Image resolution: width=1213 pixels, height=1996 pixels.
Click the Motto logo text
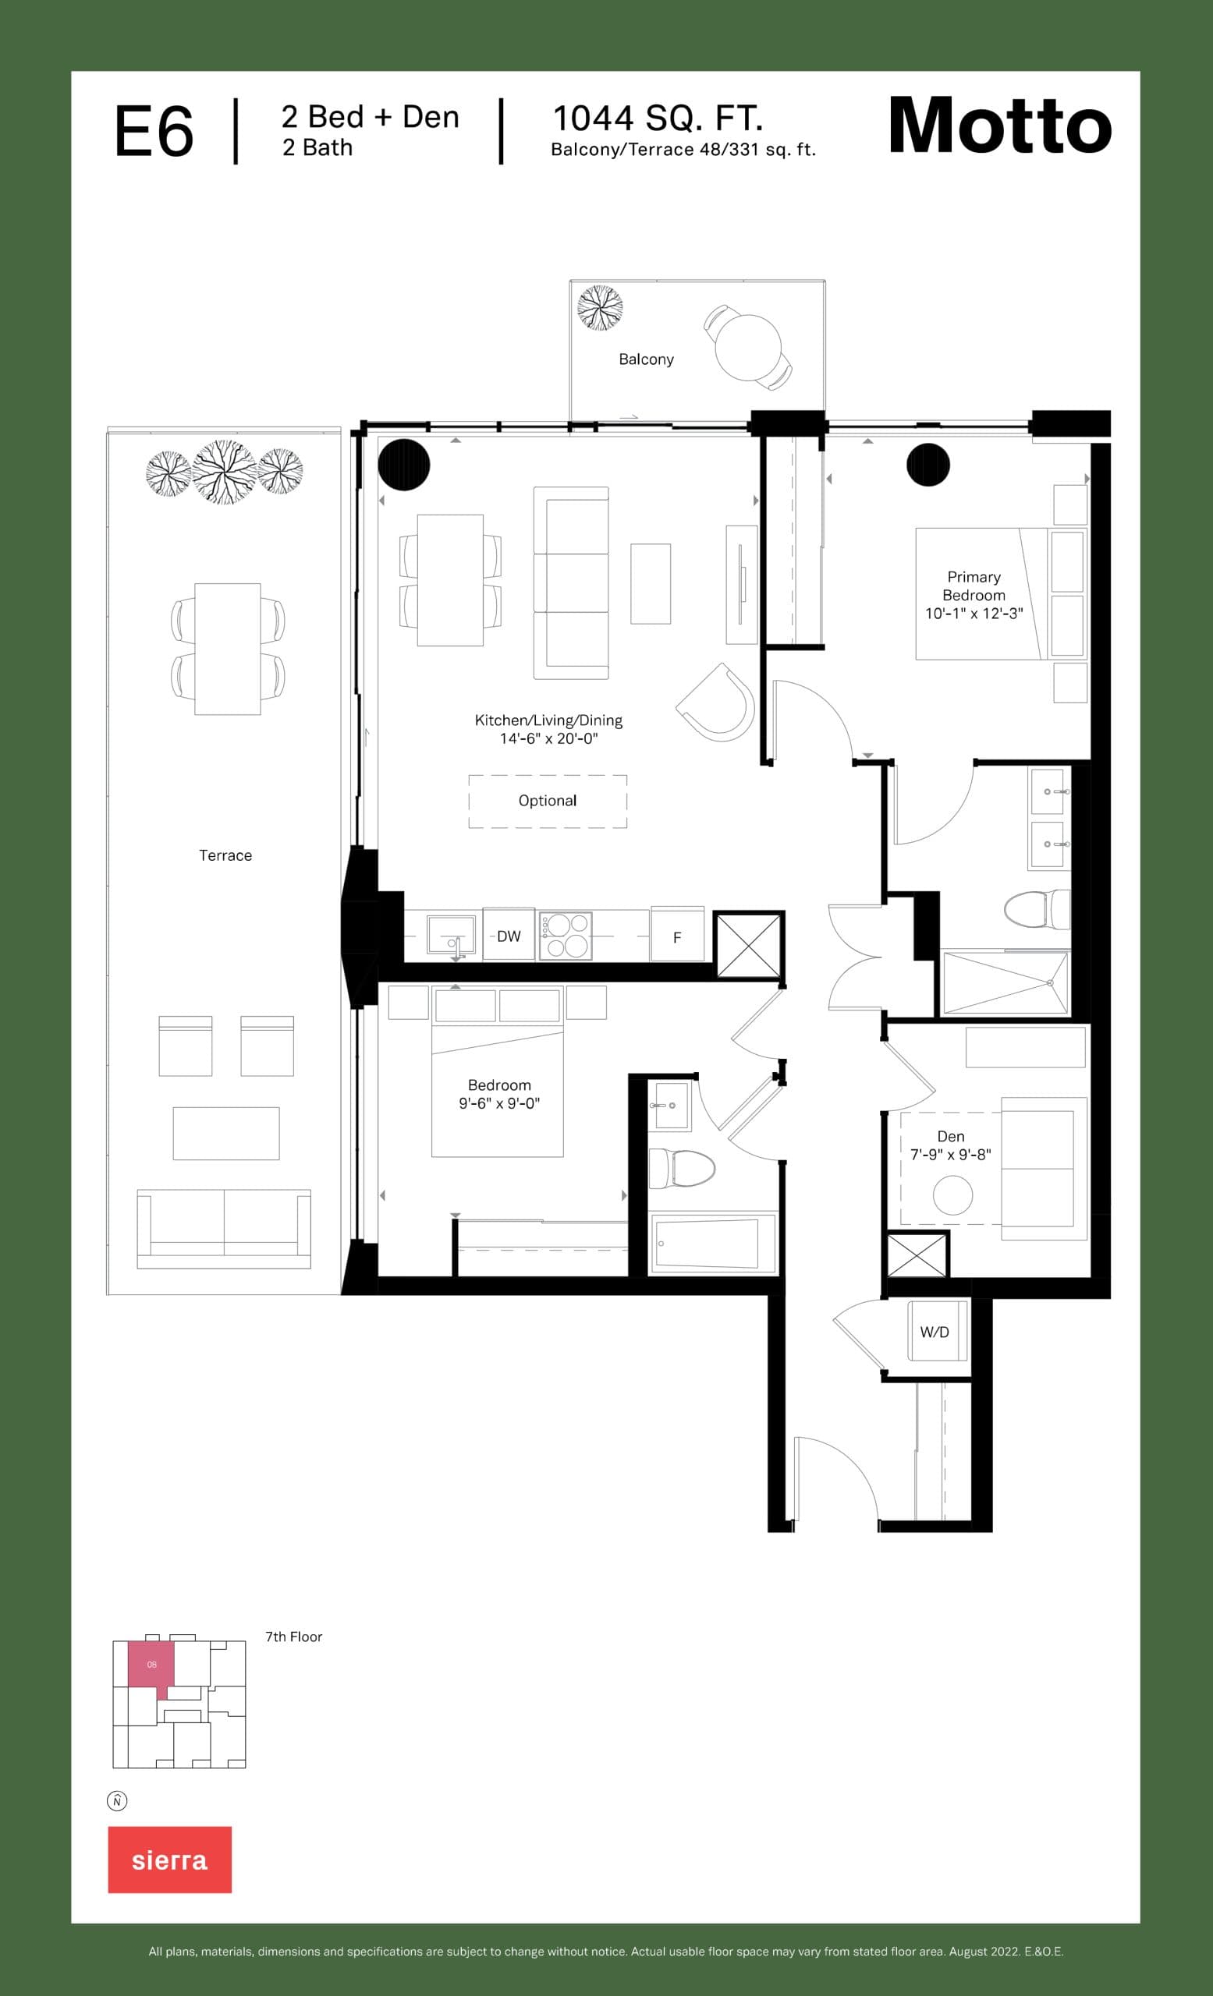[x=1000, y=126]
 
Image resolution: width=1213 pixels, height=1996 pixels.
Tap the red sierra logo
[x=169, y=1859]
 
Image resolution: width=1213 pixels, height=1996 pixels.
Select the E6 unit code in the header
[x=154, y=132]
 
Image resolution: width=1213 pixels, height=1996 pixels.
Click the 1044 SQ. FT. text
[x=657, y=119]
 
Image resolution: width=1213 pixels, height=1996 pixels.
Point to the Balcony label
[x=646, y=359]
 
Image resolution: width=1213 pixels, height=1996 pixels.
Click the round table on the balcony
[x=747, y=348]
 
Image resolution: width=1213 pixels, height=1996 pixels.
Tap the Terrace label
[x=225, y=855]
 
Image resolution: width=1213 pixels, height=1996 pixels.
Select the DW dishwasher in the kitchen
[x=509, y=936]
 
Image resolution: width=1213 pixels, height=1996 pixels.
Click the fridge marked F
[x=677, y=936]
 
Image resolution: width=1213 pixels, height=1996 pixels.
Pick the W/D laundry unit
[x=935, y=1332]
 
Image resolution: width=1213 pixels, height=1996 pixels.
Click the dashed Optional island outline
[x=548, y=802]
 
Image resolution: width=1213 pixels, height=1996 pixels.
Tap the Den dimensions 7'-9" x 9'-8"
[x=950, y=1155]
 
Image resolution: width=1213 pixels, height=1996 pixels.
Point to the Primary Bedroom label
[x=974, y=586]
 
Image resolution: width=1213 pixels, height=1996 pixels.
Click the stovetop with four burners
[x=566, y=936]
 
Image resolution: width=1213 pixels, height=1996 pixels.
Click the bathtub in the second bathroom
[x=708, y=1243]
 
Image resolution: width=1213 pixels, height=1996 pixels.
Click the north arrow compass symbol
[x=118, y=1801]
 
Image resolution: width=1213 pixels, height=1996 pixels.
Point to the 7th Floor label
[x=293, y=1637]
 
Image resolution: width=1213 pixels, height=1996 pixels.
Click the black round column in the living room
[x=403, y=464]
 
